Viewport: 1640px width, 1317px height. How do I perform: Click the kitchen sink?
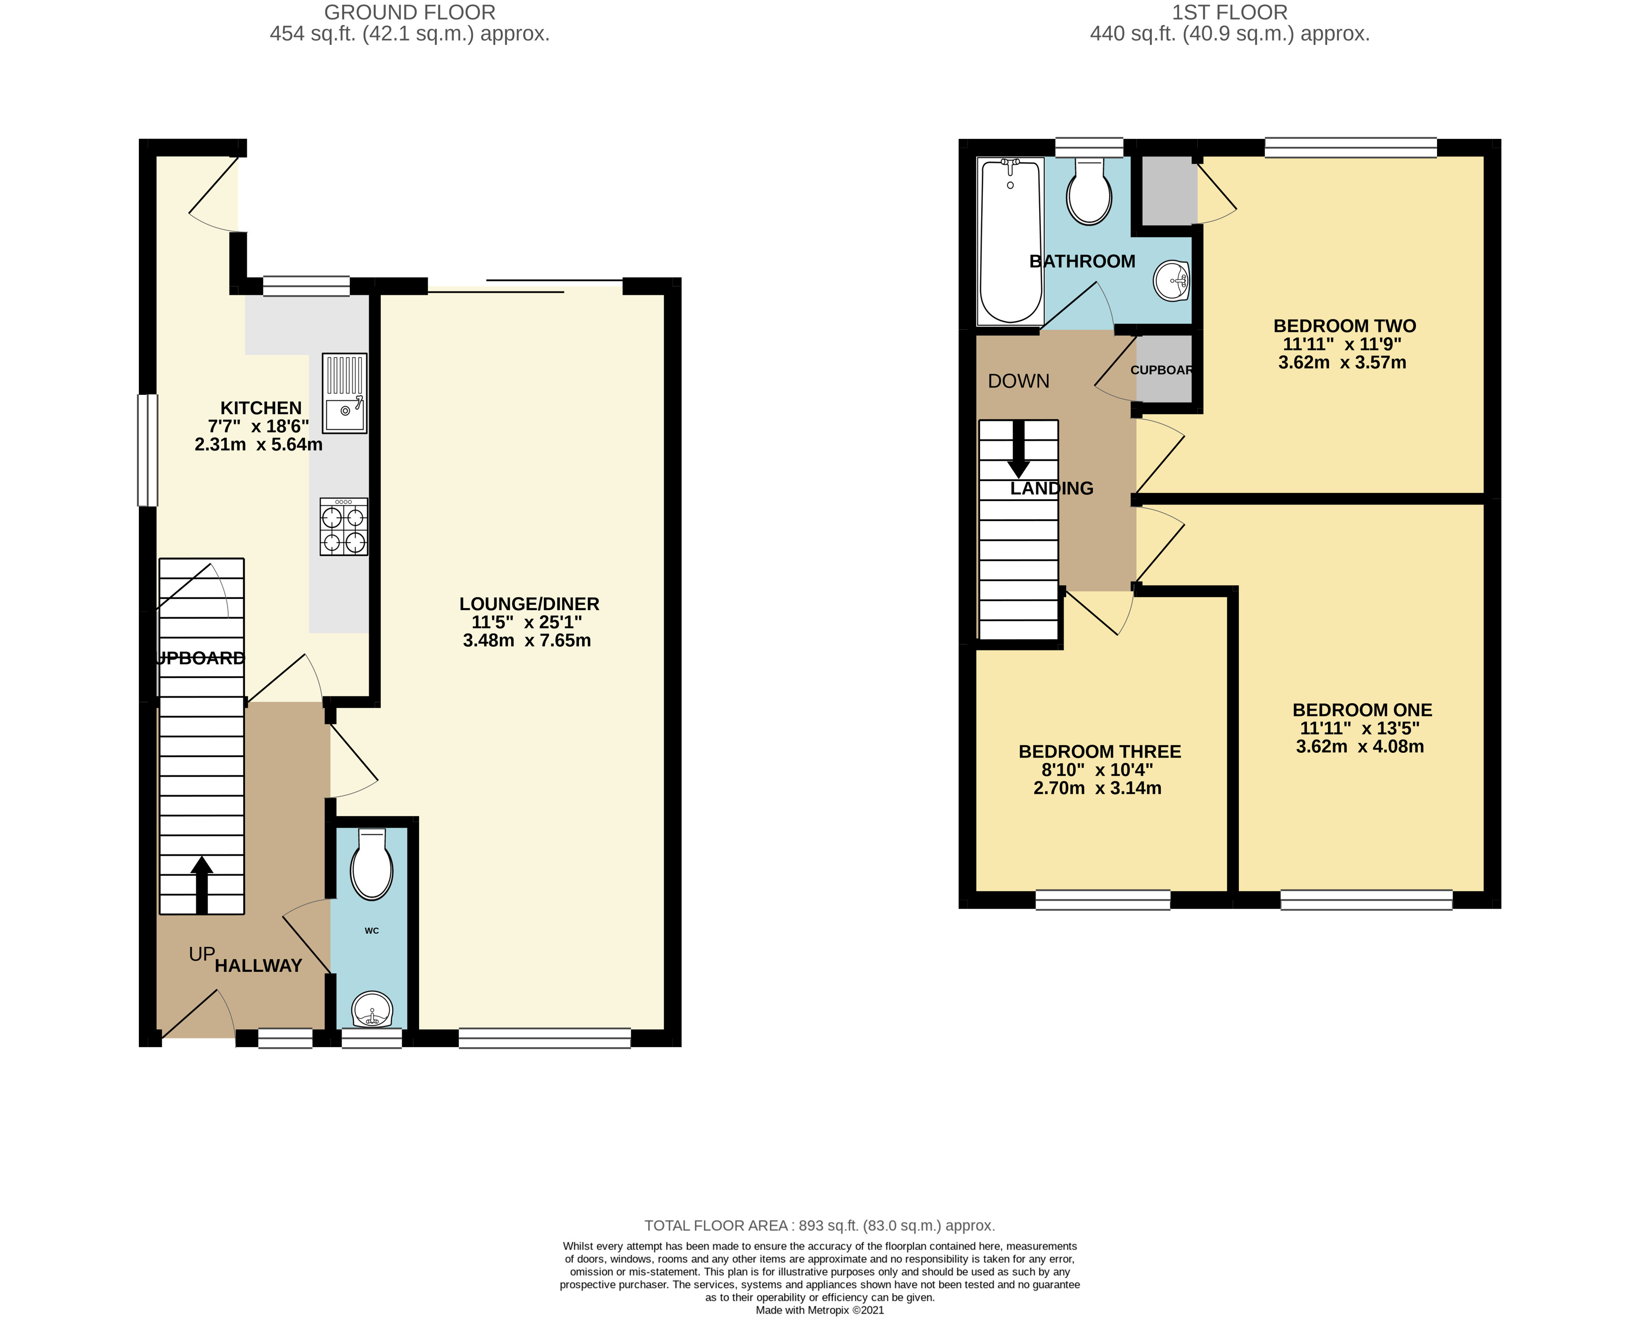click(345, 393)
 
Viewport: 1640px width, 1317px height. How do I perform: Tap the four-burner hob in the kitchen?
click(344, 526)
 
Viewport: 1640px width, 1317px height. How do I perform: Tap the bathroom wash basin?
click(1172, 281)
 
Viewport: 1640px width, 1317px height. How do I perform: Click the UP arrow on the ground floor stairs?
click(202, 885)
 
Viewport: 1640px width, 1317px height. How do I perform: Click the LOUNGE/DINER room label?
click(529, 604)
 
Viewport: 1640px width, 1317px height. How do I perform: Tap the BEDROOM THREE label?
click(1100, 752)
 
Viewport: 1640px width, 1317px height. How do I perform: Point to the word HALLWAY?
click(259, 966)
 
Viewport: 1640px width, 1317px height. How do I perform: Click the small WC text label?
click(372, 931)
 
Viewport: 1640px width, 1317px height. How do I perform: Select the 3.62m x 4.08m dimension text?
click(1360, 746)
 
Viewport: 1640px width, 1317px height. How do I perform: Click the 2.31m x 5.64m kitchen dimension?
click(259, 444)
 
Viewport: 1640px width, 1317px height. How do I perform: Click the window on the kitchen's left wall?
click(148, 450)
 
